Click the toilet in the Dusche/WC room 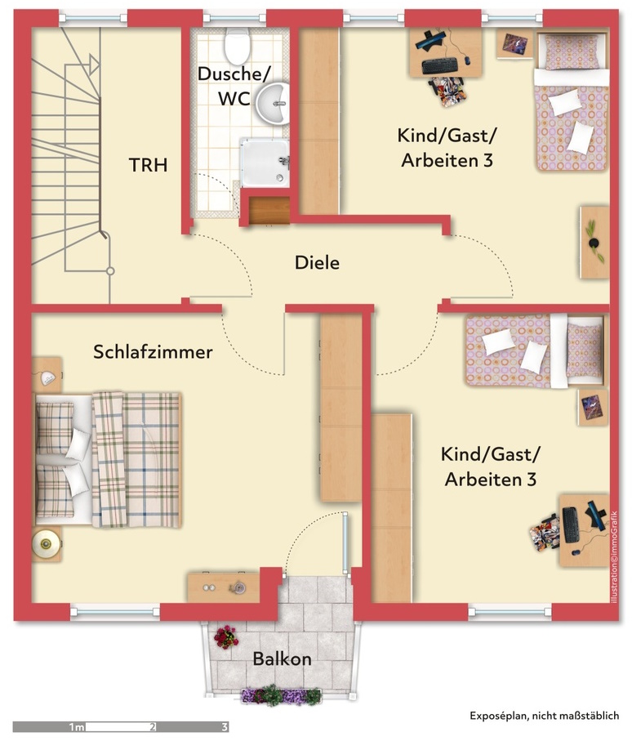pyautogui.click(x=237, y=47)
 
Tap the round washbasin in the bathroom pyautogui.click(x=273, y=104)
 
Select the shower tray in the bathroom pyautogui.click(x=265, y=162)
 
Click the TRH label pyautogui.click(x=149, y=165)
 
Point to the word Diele pyautogui.click(x=317, y=263)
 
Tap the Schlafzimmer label pyautogui.click(x=153, y=352)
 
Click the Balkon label pyautogui.click(x=282, y=658)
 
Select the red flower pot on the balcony pyautogui.click(x=226, y=637)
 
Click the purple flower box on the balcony pyautogui.click(x=281, y=695)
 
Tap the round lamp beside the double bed pyautogui.click(x=46, y=543)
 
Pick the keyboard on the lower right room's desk pyautogui.click(x=571, y=525)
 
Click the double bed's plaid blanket pyautogui.click(x=136, y=459)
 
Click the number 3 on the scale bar pyautogui.click(x=225, y=726)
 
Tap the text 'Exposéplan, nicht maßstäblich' pyautogui.click(x=544, y=716)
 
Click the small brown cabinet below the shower pyautogui.click(x=269, y=210)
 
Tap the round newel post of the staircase pyautogui.click(x=110, y=271)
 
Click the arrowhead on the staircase pyautogui.click(x=94, y=64)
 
